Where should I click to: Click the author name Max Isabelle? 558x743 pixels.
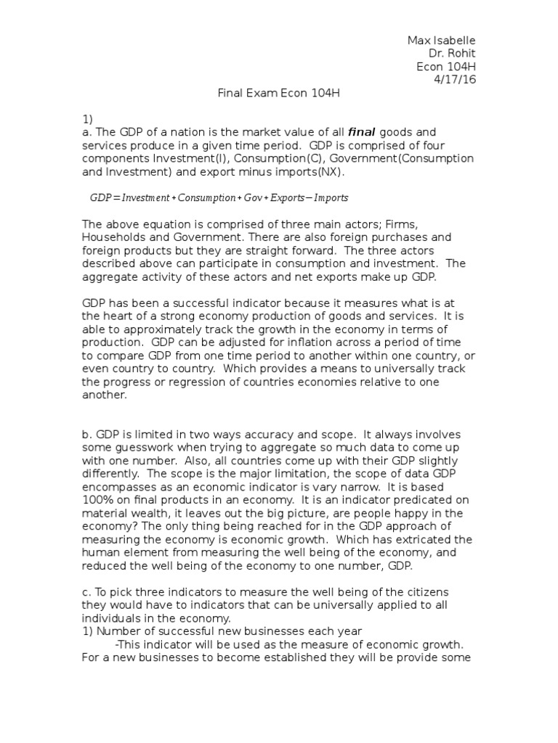(441, 40)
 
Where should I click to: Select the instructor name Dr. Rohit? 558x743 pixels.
(453, 53)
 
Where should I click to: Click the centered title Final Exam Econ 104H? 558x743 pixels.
(279, 93)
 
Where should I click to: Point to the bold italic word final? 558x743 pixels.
(363, 132)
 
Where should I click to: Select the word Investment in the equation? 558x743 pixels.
(145, 197)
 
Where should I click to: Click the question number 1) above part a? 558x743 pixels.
(87, 119)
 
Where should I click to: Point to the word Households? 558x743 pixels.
(112, 237)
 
